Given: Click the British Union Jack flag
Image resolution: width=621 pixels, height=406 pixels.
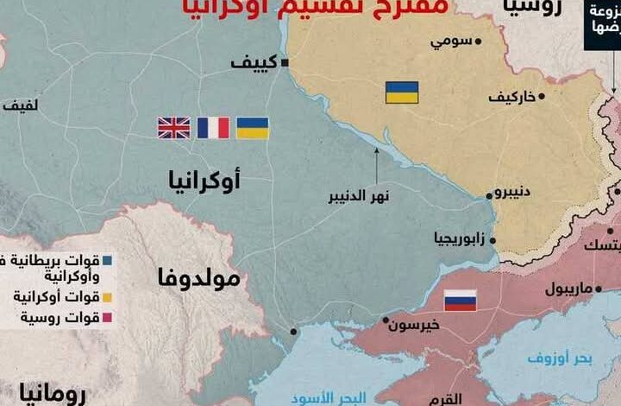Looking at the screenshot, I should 173,128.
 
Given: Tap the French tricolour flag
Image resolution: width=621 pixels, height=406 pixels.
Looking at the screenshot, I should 213,128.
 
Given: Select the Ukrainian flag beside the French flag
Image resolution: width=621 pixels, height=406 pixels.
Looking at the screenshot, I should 252,128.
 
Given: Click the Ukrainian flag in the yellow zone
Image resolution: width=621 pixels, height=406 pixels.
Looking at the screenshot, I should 401,92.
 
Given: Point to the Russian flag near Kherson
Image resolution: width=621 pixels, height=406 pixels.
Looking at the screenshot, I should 460,301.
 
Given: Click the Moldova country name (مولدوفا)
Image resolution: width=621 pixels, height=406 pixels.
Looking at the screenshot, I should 204,279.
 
